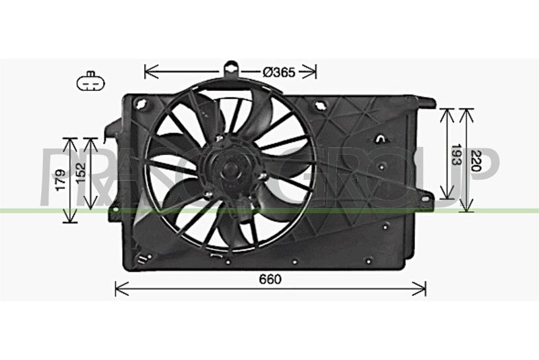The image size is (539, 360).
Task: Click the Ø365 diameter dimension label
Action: tap(279, 72)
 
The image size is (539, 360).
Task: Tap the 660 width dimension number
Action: tap(270, 279)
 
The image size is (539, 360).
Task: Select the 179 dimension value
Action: tap(61, 180)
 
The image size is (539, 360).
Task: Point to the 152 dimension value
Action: tap(81, 173)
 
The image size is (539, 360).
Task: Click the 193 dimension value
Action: tap(456, 154)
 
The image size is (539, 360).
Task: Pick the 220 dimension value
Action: tap(477, 160)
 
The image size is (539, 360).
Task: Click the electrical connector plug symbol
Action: tap(91, 82)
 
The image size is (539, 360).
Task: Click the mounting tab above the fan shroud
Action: tap(231, 71)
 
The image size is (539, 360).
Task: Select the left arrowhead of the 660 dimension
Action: tap(121, 289)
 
